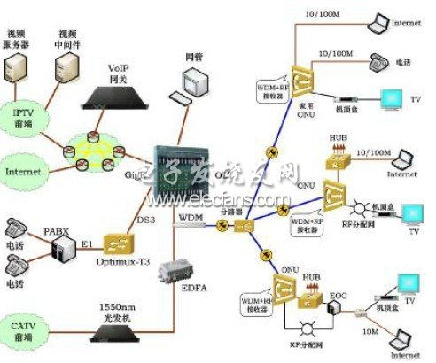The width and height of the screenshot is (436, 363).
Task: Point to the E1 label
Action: [87, 235]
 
